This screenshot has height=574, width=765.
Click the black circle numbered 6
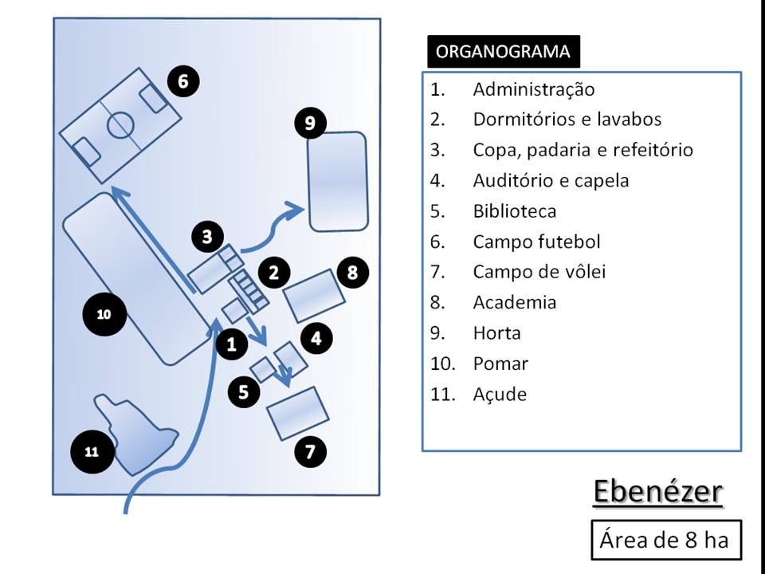pyautogui.click(x=183, y=81)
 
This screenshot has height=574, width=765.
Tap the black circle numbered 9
pyautogui.click(x=310, y=123)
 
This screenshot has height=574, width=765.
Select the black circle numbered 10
pyautogui.click(x=104, y=315)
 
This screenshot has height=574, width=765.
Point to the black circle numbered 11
pyautogui.click(x=91, y=452)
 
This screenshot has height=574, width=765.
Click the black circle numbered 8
pyautogui.click(x=353, y=273)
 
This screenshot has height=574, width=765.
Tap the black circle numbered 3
pyautogui.click(x=207, y=237)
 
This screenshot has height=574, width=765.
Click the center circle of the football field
pyautogui.click(x=120, y=124)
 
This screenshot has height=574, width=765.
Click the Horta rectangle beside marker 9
pyautogui.click(x=338, y=180)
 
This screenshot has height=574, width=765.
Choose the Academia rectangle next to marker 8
pyautogui.click(x=315, y=296)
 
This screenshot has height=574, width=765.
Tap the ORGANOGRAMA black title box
pyautogui.click(x=504, y=52)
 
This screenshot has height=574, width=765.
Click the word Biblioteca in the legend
pyautogui.click(x=514, y=211)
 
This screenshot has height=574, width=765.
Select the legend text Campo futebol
pyautogui.click(x=536, y=242)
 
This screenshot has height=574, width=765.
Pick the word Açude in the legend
pyautogui.click(x=500, y=394)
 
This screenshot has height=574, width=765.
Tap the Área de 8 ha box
pyautogui.click(x=664, y=540)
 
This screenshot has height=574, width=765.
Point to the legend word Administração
pyautogui.click(x=533, y=89)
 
